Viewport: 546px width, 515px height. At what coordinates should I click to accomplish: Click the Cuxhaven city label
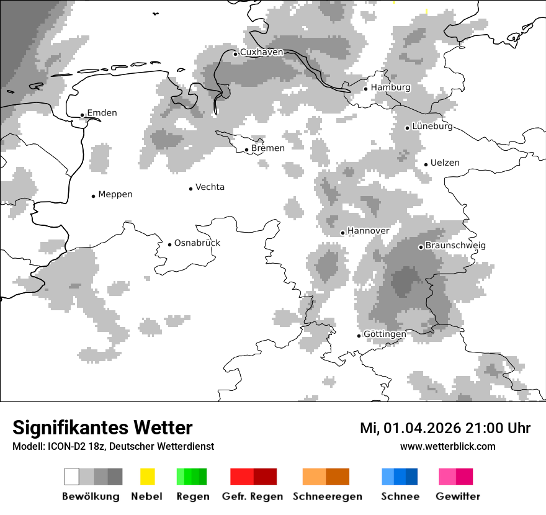pos(261,53)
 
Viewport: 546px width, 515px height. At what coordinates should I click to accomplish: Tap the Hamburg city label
pos(390,87)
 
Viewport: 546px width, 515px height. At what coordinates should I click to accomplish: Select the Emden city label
pos(102,113)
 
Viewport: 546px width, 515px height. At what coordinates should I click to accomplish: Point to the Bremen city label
pos(268,148)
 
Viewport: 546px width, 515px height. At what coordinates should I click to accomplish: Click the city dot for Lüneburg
pos(407,128)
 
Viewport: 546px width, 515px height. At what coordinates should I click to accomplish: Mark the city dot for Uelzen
pos(426,164)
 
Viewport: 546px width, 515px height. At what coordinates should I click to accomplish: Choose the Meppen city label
pos(115,195)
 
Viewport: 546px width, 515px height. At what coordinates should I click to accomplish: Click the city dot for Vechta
pos(190,189)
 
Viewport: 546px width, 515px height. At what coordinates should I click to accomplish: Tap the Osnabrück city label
pos(197,243)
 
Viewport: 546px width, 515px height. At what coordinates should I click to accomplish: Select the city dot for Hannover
pos(342,233)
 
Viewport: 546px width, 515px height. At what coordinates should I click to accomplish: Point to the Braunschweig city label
pos(455,246)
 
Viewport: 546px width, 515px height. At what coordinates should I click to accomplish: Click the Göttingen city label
pos(385,334)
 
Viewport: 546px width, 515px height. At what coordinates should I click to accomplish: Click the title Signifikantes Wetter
pos(102,428)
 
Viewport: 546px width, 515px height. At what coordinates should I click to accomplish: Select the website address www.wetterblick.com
pos(447,447)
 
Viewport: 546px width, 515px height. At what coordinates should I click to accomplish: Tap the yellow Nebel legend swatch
pos(147,477)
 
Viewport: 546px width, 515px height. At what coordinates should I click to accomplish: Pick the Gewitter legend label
pos(458,497)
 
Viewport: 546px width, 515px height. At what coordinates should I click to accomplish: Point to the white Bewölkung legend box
pos(72,477)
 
